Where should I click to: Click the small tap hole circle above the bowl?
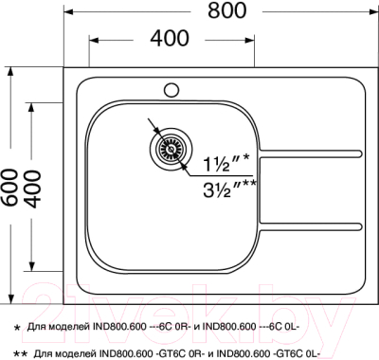(172, 91)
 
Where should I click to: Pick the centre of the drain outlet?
(171, 147)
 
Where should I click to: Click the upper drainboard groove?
(313, 154)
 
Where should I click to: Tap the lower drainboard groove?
(313, 225)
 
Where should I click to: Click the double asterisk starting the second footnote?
(20, 351)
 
